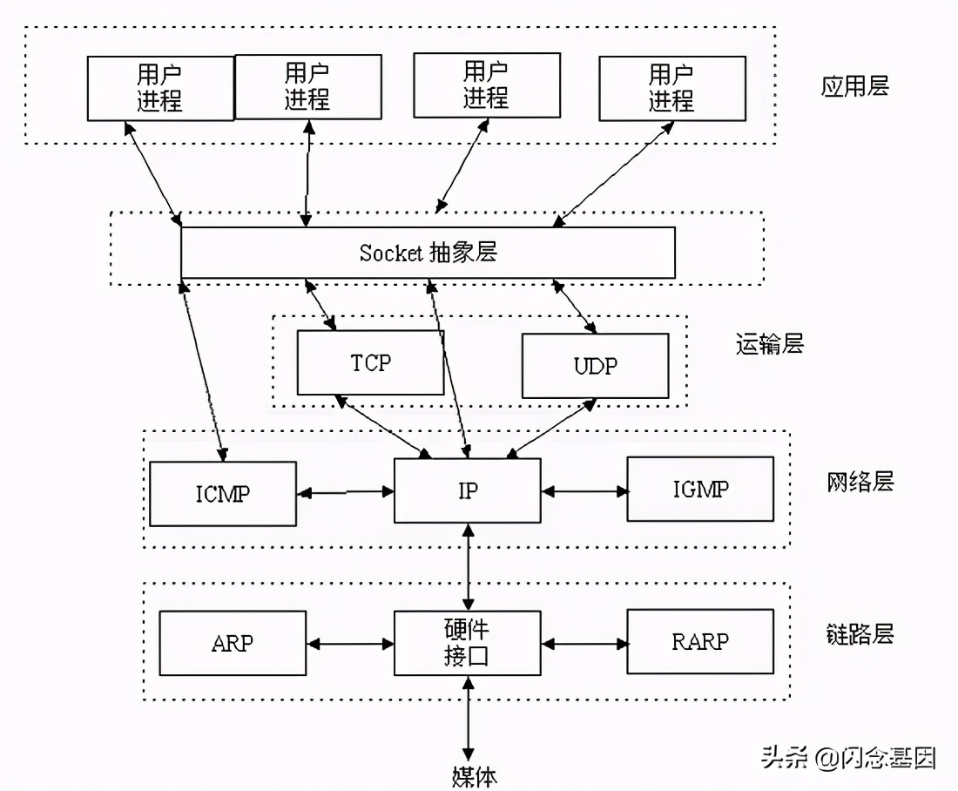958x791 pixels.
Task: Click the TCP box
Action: click(371, 362)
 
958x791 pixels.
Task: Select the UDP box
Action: click(595, 365)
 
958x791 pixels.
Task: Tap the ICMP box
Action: click(223, 493)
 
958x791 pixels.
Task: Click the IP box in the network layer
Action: click(467, 490)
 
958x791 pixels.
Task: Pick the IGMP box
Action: click(700, 489)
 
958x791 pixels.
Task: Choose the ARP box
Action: click(233, 643)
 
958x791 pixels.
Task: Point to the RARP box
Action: click(700, 641)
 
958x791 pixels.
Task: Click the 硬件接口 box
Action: click(467, 643)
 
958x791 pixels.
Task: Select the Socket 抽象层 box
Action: click(428, 253)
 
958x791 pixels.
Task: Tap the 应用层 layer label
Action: click(854, 86)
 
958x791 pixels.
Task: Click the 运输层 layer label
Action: click(768, 344)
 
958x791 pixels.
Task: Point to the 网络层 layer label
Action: click(860, 481)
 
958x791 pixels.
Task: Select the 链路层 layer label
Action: click(860, 633)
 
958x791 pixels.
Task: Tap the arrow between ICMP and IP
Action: click(346, 492)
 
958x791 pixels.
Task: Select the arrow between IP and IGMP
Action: click(584, 491)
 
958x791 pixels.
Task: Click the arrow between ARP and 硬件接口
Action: click(350, 644)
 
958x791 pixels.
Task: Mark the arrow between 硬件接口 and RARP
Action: click(584, 644)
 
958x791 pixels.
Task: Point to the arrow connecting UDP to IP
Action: click(551, 428)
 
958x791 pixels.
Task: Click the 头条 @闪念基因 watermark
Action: click(848, 757)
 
